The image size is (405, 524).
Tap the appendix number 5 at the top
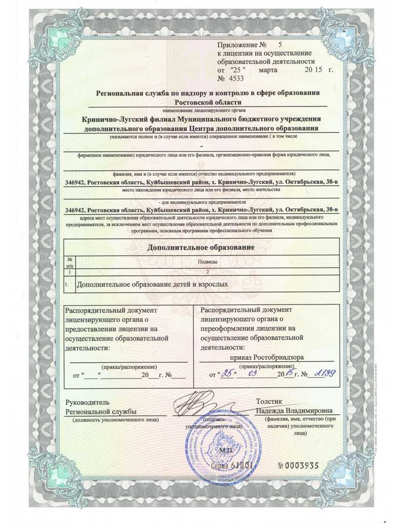click(280, 46)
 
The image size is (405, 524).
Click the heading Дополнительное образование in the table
click(201, 247)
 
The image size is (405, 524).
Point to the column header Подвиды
click(207, 261)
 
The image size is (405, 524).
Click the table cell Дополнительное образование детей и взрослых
click(152, 283)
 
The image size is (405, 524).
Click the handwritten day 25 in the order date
click(226, 374)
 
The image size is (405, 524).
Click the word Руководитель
click(87, 402)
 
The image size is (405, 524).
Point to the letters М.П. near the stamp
click(226, 450)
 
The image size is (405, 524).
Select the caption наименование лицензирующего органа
click(204, 110)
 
